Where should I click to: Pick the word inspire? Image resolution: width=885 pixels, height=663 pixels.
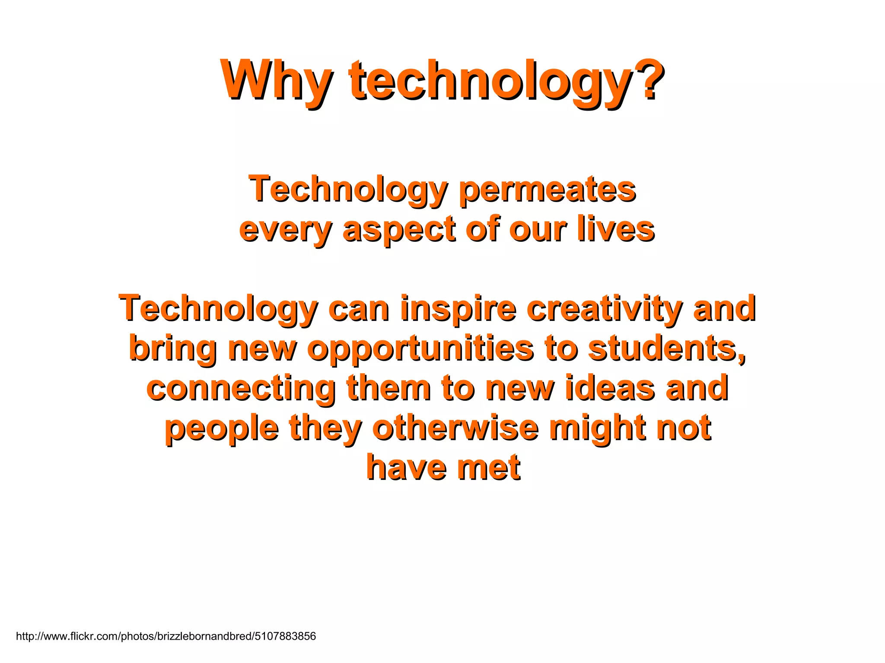[458, 308]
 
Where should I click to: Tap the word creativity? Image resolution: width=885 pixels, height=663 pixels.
[605, 308]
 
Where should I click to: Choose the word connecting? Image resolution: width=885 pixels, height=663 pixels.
[241, 388]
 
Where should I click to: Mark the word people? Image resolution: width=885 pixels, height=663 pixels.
[222, 428]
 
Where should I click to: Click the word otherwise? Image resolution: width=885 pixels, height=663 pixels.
[455, 428]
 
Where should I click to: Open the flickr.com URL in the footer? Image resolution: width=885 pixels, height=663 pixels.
[166, 636]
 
